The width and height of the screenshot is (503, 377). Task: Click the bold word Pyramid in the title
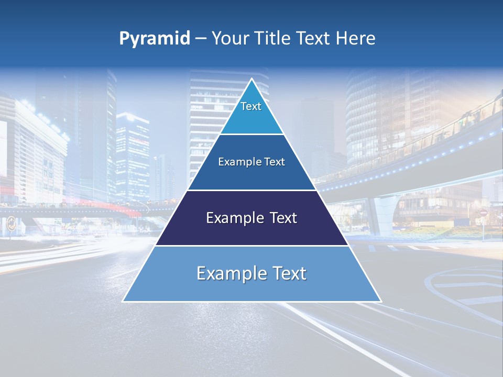(155, 39)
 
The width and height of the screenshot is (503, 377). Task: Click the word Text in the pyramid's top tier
(251, 106)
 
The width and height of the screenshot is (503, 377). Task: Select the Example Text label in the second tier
(251, 162)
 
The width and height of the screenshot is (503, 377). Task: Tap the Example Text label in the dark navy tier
(251, 218)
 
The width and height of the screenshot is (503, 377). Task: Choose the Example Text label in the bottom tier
(251, 273)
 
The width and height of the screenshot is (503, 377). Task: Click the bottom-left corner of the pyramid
(123, 301)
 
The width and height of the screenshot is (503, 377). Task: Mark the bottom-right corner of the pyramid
(380, 301)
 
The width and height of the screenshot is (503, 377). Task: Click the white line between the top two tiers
(251, 135)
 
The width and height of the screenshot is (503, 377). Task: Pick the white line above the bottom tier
(251, 246)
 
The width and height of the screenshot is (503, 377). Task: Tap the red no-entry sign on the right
(483, 213)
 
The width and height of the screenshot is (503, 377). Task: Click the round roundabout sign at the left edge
(10, 225)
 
